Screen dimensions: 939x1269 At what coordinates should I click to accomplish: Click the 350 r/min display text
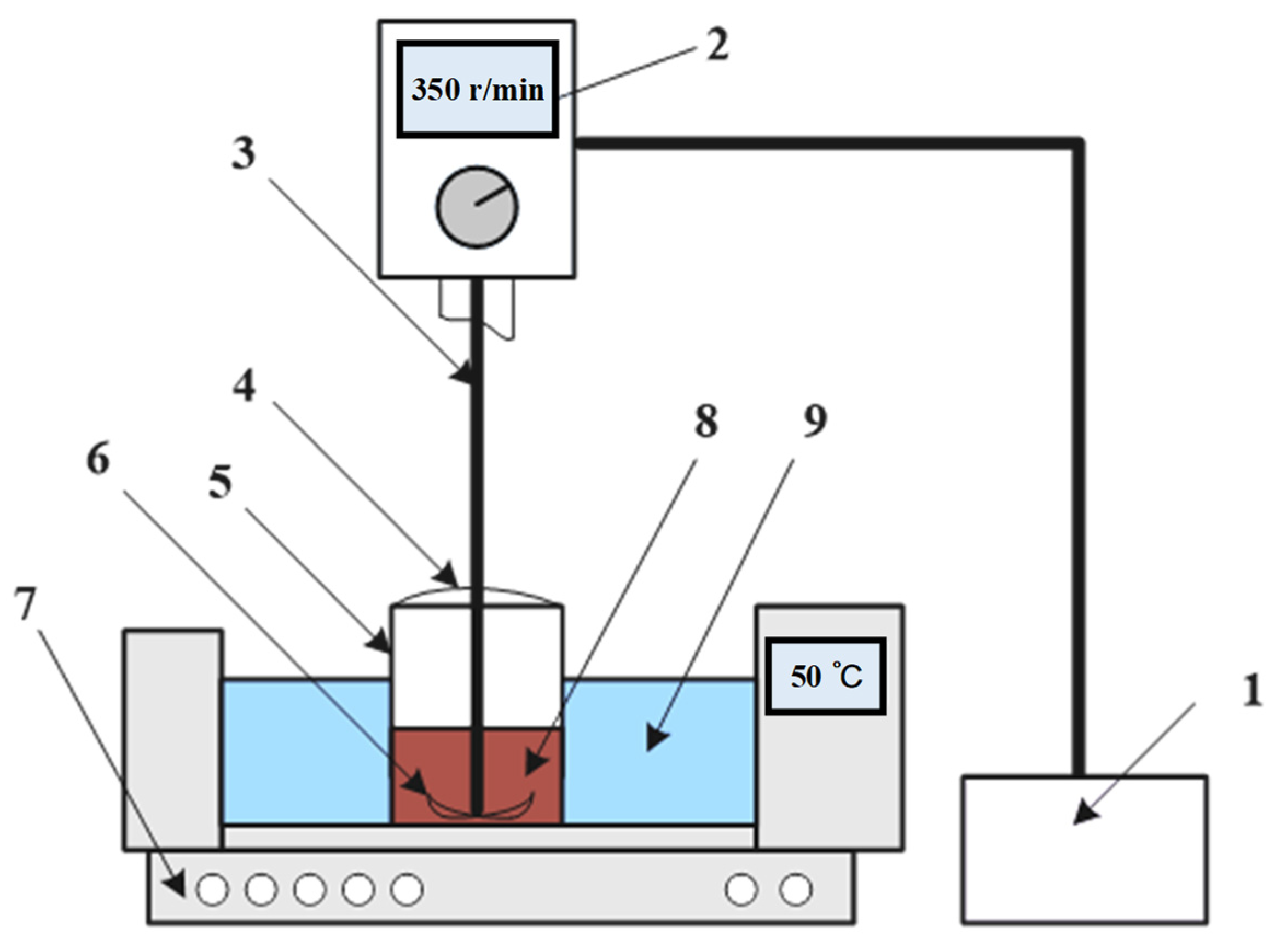pos(477,90)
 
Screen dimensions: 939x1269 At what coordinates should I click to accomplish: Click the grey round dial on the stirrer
pos(477,207)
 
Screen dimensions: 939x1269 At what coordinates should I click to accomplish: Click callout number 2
pos(717,46)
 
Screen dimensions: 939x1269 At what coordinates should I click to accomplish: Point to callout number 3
pos(244,153)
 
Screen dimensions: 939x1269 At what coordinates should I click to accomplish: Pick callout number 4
pos(244,388)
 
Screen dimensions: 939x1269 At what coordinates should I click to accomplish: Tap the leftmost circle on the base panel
pos(212,890)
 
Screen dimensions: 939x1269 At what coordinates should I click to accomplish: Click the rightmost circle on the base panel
pos(795,890)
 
